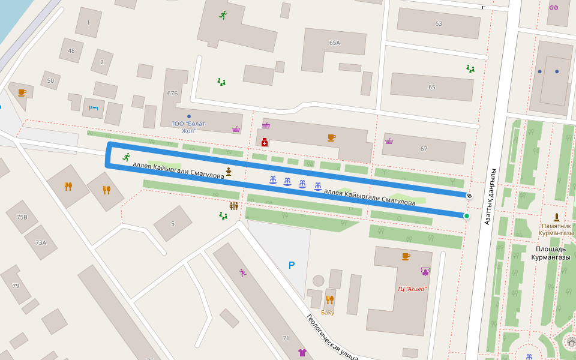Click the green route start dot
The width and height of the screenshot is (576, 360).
pyautogui.click(x=466, y=215)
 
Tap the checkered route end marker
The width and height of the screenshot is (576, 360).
pyautogui.click(x=469, y=195)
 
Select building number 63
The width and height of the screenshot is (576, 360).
pyautogui.click(x=439, y=24)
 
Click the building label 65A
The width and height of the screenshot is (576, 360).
pyautogui.click(x=334, y=43)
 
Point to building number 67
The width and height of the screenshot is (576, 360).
pyautogui.click(x=424, y=149)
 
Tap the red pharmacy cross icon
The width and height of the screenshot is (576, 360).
pyautogui.click(x=264, y=143)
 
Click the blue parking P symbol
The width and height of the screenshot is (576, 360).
pyautogui.click(x=292, y=265)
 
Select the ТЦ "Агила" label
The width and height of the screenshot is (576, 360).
pyautogui.click(x=412, y=289)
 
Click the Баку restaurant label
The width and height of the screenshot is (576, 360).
pyautogui.click(x=328, y=312)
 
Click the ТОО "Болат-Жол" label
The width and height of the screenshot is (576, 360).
pyautogui.click(x=189, y=127)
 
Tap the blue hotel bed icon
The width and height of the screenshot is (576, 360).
pyautogui.click(x=93, y=108)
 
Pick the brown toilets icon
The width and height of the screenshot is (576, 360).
pyautogui.click(x=233, y=206)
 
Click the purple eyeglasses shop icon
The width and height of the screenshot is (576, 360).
pyautogui.click(x=553, y=7)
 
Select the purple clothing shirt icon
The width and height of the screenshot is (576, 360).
pyautogui.click(x=302, y=352)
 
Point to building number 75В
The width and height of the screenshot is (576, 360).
pyautogui.click(x=22, y=217)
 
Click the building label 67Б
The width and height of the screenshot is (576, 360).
pyautogui.click(x=173, y=93)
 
